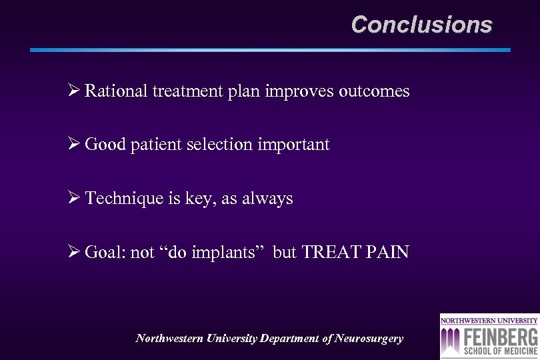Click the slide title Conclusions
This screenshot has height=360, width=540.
coord(421,25)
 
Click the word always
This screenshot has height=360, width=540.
coord(270,199)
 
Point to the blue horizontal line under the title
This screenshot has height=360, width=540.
coord(270,50)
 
